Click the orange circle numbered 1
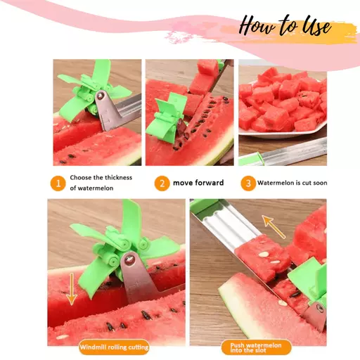click(x=58, y=184)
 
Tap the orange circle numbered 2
click(x=162, y=184)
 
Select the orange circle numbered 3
click(x=248, y=184)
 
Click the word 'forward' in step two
click(x=210, y=183)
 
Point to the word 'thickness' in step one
click(x=119, y=177)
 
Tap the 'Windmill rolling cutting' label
click(x=114, y=347)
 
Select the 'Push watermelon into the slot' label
click(x=257, y=347)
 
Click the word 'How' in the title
click(x=257, y=26)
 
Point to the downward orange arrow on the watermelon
click(x=72, y=289)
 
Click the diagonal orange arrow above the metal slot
click(x=274, y=226)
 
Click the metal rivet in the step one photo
click(x=101, y=95)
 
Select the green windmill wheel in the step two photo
click(x=167, y=117)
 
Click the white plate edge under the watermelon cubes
click(x=281, y=134)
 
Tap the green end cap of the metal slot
click(x=203, y=205)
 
